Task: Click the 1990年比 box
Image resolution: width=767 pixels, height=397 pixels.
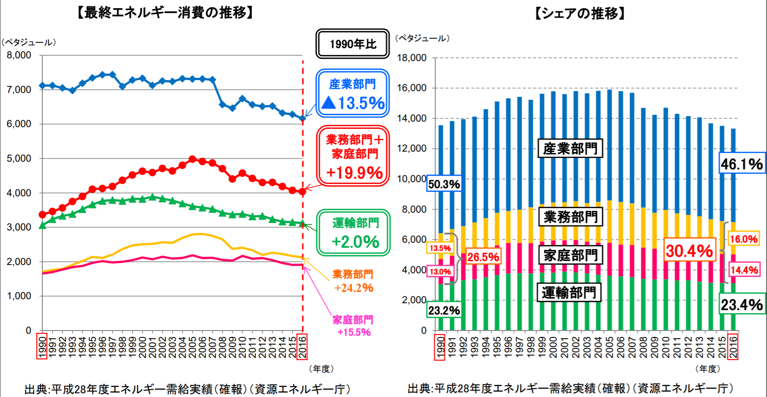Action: (353, 44)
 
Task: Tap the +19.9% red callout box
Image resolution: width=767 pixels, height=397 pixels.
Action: (353, 156)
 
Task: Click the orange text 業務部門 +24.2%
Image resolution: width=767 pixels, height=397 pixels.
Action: (353, 281)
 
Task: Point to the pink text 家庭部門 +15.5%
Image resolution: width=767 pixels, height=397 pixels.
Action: (353, 326)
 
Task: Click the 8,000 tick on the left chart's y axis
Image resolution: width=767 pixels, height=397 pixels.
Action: (19, 55)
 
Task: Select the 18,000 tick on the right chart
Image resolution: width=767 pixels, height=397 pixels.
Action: (411, 58)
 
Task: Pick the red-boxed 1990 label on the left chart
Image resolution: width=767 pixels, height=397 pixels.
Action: (42, 346)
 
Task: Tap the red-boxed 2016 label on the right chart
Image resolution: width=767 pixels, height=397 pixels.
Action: (733, 347)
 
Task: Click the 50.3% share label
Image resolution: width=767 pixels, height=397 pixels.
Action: (444, 184)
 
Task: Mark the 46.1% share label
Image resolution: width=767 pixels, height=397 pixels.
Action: (742, 164)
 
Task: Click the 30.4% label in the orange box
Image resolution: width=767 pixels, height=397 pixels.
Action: (689, 250)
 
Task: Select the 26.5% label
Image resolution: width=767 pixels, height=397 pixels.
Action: (483, 257)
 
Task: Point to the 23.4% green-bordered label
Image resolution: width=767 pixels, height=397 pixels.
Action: (742, 305)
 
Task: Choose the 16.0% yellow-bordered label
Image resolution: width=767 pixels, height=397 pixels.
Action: (743, 239)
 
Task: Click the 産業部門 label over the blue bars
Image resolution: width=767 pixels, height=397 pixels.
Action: (570, 148)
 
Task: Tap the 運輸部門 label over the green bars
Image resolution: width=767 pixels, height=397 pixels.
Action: (569, 292)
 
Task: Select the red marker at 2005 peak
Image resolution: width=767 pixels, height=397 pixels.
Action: (192, 159)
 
